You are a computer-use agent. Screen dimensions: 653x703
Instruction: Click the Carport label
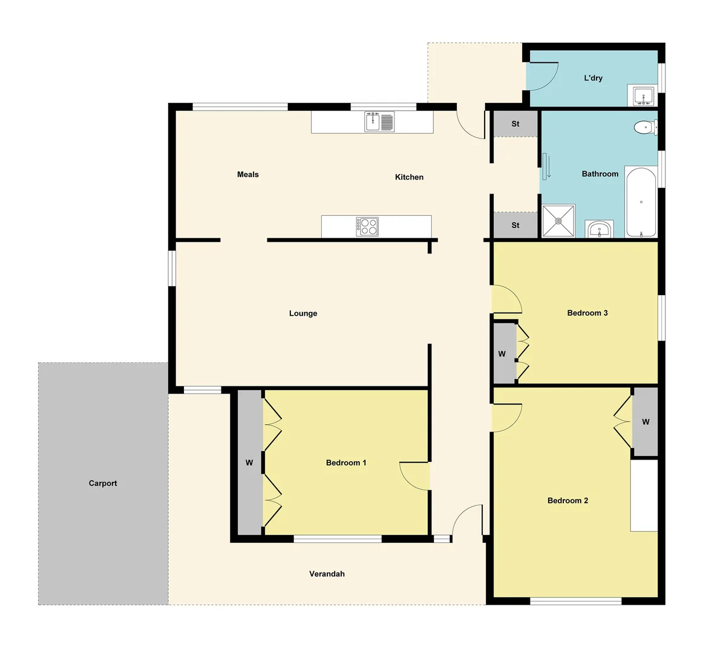coord(103,483)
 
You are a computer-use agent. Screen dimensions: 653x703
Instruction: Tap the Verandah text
coord(327,574)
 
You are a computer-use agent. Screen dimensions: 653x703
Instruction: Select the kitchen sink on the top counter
coord(379,122)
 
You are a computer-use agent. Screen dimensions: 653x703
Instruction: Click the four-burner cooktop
coord(368,226)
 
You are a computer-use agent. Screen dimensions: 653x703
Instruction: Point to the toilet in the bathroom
coord(644,128)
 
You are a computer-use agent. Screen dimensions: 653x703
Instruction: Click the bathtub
coord(640,202)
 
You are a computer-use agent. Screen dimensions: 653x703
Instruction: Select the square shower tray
coord(558,221)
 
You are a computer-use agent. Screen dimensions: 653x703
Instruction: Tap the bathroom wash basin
coord(599,230)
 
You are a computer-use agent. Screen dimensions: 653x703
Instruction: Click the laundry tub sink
coord(643,96)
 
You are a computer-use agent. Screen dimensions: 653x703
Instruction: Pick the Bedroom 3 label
coord(587,313)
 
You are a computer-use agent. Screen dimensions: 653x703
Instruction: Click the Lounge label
coord(303,313)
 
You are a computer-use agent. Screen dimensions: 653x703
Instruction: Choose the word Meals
coord(248,174)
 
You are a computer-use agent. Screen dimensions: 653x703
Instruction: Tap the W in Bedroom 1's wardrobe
coord(249,463)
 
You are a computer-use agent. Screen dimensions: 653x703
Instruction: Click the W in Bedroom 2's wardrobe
coord(646,421)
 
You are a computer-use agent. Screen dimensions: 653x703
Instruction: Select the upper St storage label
coord(515,124)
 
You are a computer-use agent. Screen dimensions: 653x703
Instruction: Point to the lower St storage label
coord(515,225)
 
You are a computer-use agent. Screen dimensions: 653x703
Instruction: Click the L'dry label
coord(593,78)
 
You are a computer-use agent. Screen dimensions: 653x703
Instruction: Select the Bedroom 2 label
coord(567,501)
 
